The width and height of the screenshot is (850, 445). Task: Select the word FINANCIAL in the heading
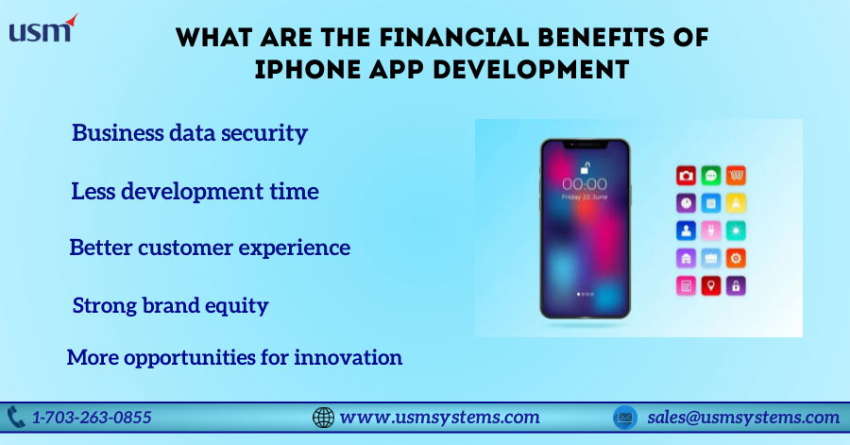(x=453, y=38)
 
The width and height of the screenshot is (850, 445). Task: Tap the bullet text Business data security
(x=190, y=133)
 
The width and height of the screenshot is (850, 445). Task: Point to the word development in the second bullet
(x=192, y=191)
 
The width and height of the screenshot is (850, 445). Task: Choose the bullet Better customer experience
(x=210, y=248)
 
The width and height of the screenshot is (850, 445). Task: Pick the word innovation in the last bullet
(x=348, y=357)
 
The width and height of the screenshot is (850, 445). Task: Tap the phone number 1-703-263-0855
(x=92, y=417)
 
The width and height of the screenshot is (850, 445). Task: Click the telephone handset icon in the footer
(x=16, y=418)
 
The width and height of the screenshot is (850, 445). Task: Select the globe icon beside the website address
(x=323, y=418)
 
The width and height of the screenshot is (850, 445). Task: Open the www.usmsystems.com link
(x=439, y=417)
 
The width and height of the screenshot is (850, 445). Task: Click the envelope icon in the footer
(x=625, y=418)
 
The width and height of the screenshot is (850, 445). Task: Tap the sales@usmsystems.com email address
(x=743, y=417)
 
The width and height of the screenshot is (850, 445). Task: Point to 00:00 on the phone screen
(x=585, y=183)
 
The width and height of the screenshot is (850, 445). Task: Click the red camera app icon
(x=686, y=176)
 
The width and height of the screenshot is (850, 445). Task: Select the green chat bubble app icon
(x=710, y=176)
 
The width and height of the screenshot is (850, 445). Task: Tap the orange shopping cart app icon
(x=736, y=176)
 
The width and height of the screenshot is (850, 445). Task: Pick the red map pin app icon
(x=710, y=285)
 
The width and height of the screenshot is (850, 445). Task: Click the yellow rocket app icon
(x=736, y=203)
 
